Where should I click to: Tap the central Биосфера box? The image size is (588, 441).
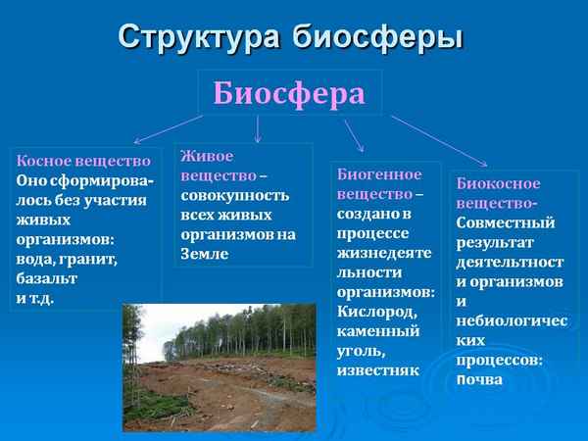point(289,93)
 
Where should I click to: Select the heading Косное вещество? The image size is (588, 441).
point(83,161)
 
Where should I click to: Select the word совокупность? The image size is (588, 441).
point(235,195)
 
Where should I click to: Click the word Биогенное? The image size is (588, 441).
point(378,173)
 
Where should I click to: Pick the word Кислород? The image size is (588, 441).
point(377,312)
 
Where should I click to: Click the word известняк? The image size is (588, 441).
point(377,370)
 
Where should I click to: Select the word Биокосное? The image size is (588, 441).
point(498,183)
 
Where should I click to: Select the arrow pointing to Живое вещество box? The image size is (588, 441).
point(257,127)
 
